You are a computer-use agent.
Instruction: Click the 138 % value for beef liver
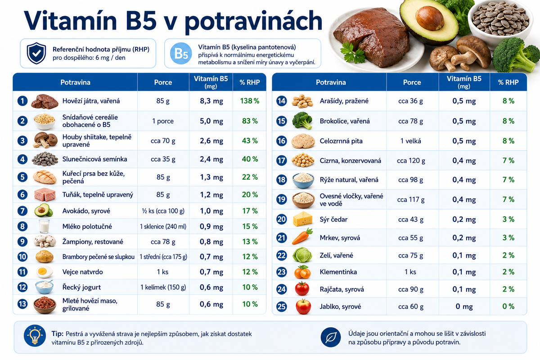coord(249,101)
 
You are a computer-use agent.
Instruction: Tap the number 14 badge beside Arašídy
coord(281,101)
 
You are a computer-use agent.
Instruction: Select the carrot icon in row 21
coord(302,236)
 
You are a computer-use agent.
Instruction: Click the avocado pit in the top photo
coord(430,18)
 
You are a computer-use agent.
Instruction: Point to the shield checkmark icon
coord(36,53)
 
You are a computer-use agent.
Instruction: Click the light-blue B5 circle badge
coord(181,53)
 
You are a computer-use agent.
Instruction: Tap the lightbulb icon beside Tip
coord(35,335)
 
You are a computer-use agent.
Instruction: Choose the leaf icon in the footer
coord(330,337)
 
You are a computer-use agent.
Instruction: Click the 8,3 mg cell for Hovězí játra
coord(211,101)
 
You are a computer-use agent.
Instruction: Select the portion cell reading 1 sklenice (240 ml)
coord(163,226)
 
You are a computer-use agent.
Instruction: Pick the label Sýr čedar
coord(333,219)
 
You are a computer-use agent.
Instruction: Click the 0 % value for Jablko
coord(508,306)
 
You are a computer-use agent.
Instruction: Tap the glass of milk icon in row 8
coord(44,226)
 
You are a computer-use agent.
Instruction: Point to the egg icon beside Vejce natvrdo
coord(45,272)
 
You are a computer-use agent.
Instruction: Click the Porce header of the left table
coord(163,82)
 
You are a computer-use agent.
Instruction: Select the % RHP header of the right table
coord(508,82)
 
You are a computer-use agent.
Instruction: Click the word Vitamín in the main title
coord(70,21)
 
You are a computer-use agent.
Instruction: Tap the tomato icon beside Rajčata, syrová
coord(302,288)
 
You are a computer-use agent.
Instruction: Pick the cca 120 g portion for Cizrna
coord(411,161)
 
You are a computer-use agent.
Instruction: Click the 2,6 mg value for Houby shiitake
coord(211,140)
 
